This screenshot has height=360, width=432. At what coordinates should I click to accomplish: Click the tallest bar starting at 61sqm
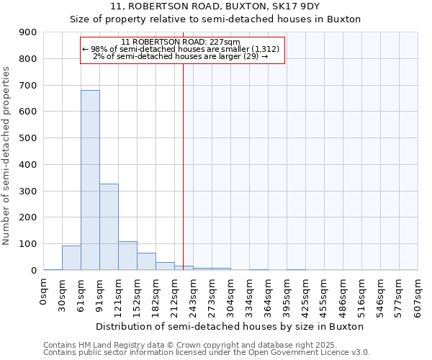[90, 180]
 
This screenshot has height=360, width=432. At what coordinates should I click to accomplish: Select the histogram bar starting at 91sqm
[109, 227]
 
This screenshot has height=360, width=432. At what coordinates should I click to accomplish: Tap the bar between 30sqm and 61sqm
[71, 258]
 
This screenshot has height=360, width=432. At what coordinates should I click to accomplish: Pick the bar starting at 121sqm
[127, 256]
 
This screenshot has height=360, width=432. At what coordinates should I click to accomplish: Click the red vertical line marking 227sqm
[184, 166]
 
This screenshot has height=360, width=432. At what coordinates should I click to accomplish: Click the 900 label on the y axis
[27, 32]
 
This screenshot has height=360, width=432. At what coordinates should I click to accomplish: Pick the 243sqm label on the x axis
[194, 295]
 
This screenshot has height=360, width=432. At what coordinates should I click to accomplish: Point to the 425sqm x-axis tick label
[306, 295]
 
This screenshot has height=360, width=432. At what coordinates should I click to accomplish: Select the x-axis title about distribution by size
[230, 326]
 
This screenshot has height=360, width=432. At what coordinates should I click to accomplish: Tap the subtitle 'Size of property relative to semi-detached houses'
[215, 19]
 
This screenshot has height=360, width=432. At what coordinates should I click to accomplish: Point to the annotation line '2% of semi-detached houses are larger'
[181, 56]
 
